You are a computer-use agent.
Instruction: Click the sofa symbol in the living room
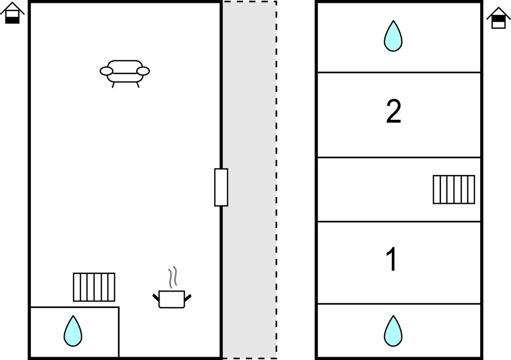125,72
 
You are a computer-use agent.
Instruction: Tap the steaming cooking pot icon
172,299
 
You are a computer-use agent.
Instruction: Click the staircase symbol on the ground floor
94,287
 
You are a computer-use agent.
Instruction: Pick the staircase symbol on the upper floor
454,189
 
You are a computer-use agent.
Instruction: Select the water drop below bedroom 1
393,331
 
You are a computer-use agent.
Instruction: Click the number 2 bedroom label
393,112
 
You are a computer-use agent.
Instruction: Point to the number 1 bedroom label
392,260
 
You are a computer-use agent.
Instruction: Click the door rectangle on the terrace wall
221,187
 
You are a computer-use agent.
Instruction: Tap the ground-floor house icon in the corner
12,13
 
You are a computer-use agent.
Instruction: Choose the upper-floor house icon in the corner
498,18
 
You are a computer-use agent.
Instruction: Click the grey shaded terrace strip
249,110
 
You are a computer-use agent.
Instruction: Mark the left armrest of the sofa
107,71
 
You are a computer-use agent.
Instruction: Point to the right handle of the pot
188,298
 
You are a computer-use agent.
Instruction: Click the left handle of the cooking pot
156,298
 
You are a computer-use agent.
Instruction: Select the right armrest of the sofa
143,71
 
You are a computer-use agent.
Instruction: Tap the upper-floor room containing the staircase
375,189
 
